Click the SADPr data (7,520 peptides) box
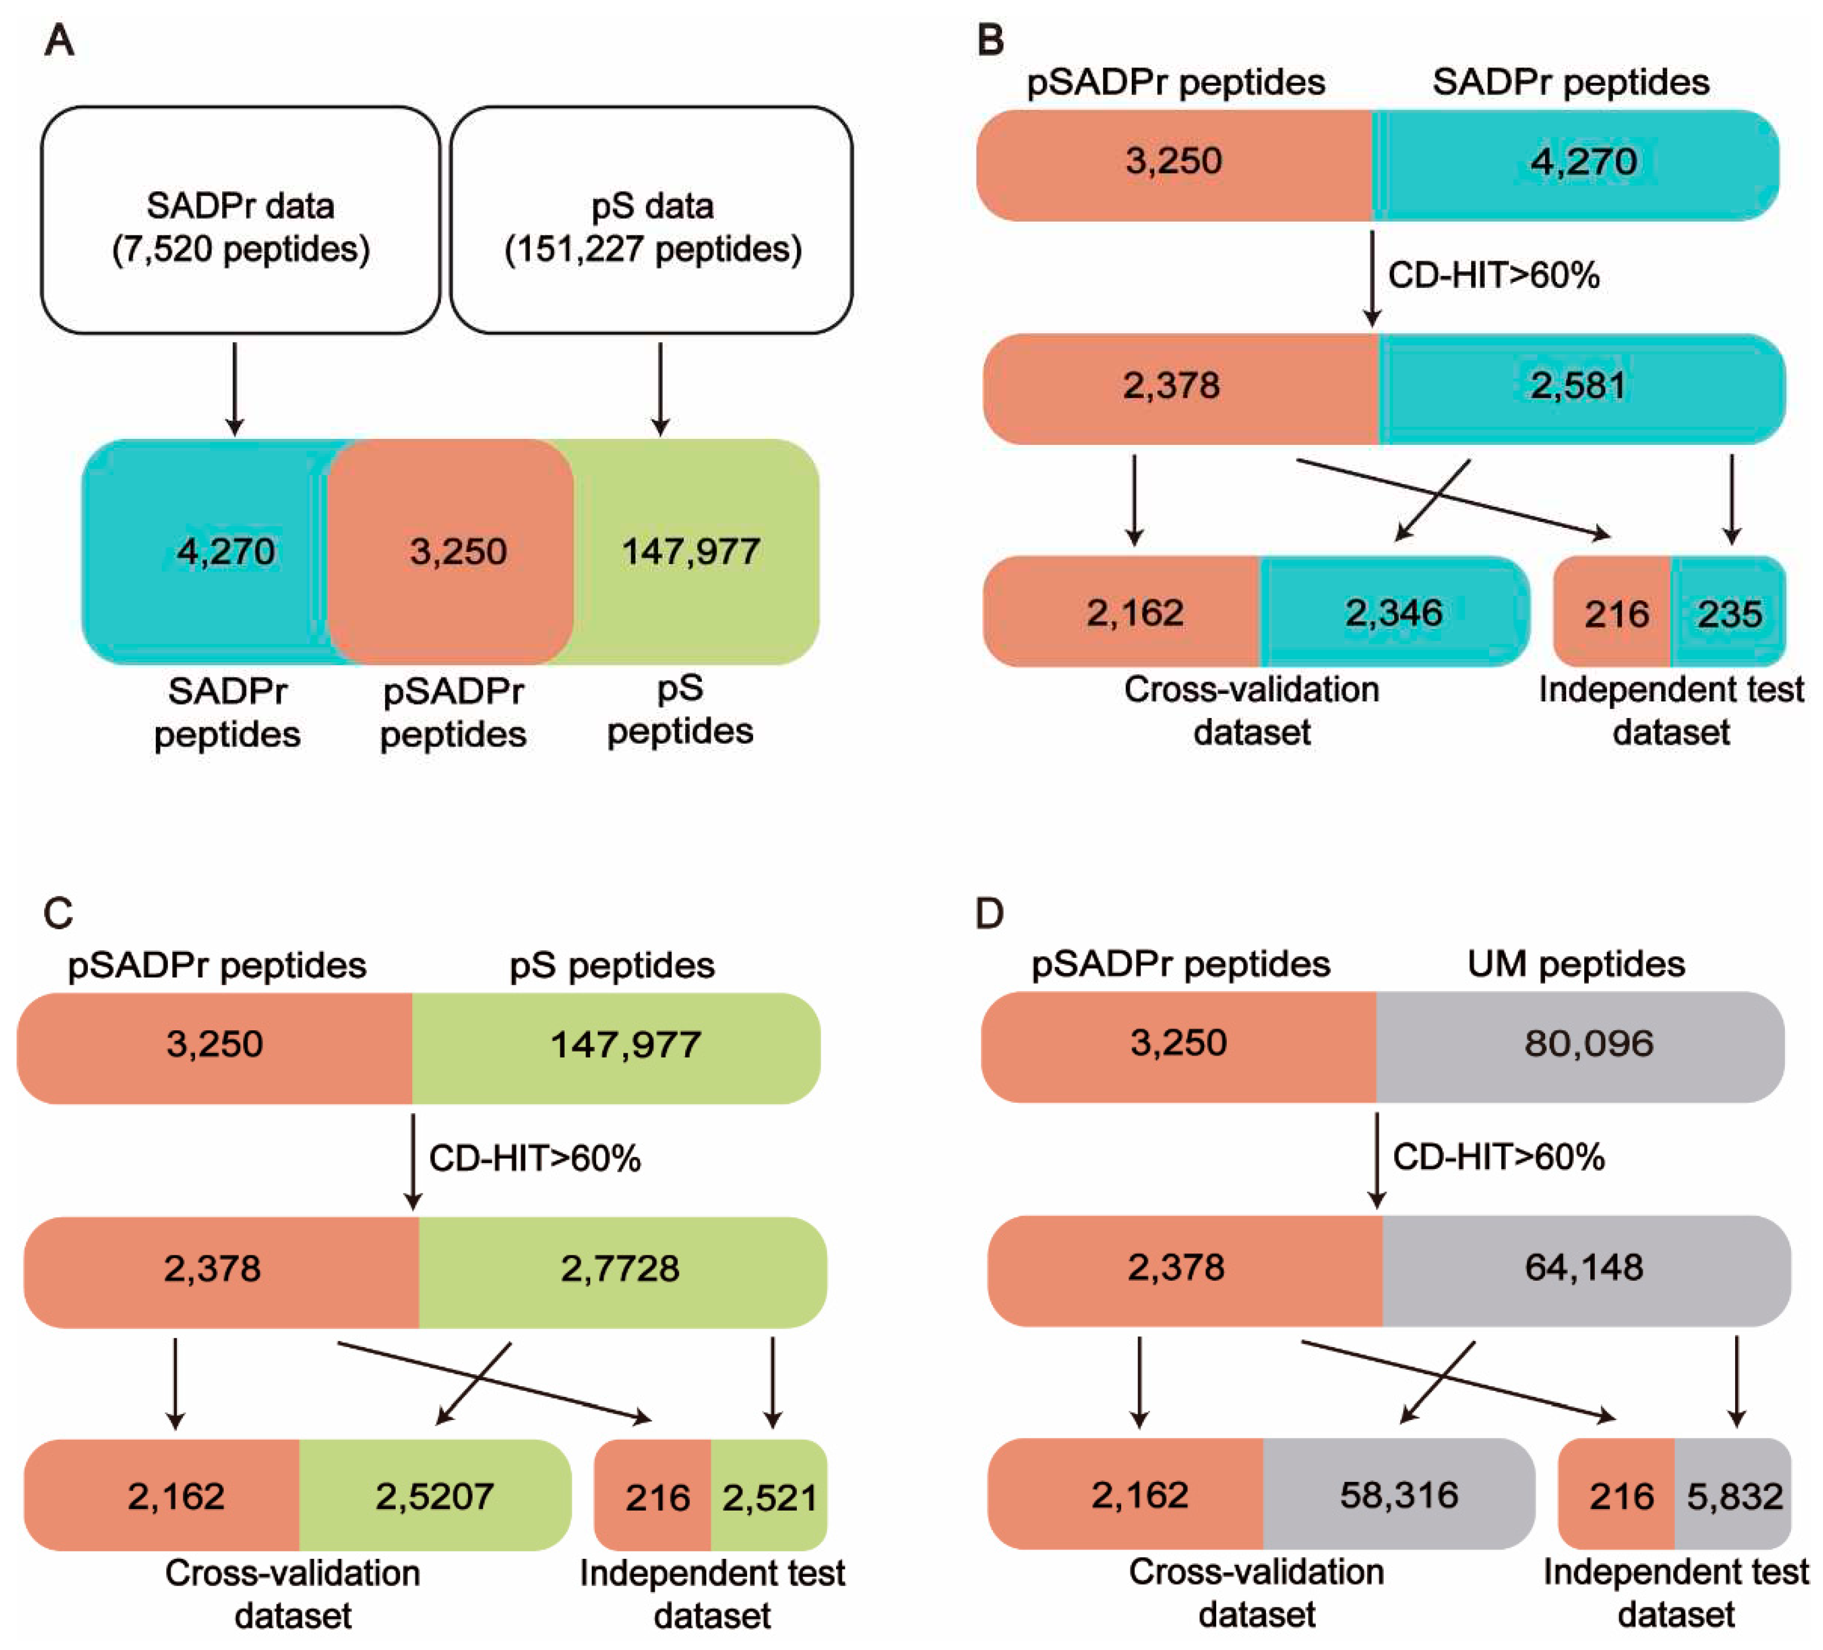pyautogui.click(x=240, y=221)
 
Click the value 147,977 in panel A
pyautogui.click(x=690, y=551)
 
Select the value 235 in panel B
pyautogui.click(x=1729, y=614)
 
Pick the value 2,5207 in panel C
pyautogui.click(x=435, y=1496)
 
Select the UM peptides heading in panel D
pyautogui.click(x=1575, y=965)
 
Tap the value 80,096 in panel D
pyautogui.click(x=1589, y=1043)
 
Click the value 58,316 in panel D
pyautogui.click(x=1399, y=1495)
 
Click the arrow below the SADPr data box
pyautogui.click(x=235, y=389)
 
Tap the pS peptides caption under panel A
pyautogui.click(x=680, y=710)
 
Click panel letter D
pyautogui.click(x=989, y=914)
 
